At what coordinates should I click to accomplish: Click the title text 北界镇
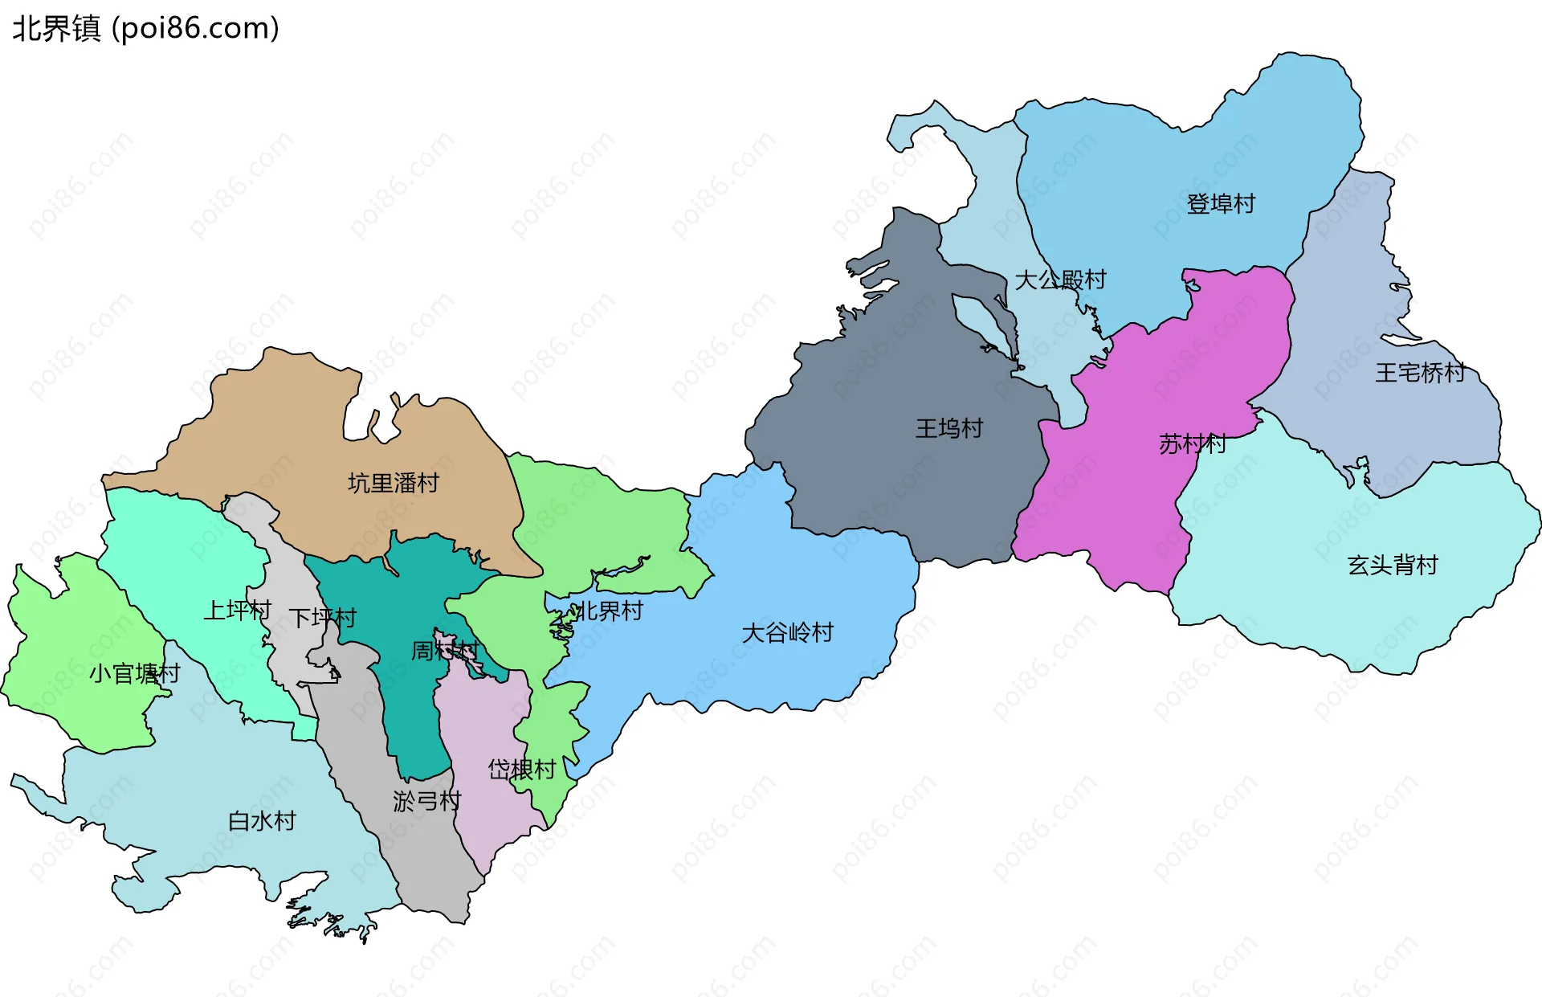pos(56,28)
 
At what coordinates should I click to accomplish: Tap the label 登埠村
pos(1220,204)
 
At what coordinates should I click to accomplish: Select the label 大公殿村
pos(1060,280)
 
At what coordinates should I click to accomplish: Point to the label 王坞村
pos(949,428)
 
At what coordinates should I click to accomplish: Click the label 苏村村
pos(1192,443)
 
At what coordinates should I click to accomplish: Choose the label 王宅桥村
pos(1420,373)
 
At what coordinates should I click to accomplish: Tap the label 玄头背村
pos(1392,565)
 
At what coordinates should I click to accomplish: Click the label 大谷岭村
pos(787,632)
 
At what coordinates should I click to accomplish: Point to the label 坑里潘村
pos(393,483)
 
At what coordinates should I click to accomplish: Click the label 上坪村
pos(237,611)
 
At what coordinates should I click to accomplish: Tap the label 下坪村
pos(322,618)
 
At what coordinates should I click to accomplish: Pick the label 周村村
pos(444,650)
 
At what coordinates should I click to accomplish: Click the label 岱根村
pos(521,770)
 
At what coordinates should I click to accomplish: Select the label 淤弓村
pos(426,801)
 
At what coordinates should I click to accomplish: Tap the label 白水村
pos(262,821)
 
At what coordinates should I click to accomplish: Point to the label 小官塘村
pos(134,673)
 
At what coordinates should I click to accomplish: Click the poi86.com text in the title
pos(196,28)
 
